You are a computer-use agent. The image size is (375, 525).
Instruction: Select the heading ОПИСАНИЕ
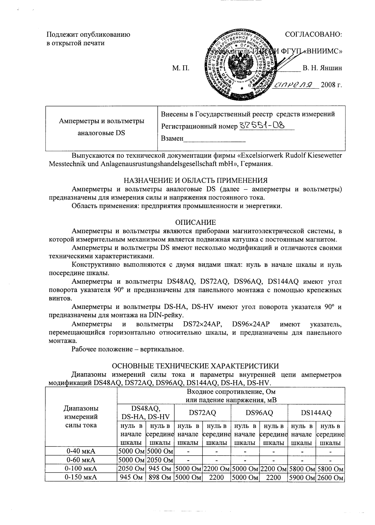click(x=196, y=222)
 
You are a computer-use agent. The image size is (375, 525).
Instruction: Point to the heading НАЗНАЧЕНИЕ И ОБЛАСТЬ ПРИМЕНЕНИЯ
click(x=195, y=180)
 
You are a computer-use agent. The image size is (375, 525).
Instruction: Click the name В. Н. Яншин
click(x=322, y=68)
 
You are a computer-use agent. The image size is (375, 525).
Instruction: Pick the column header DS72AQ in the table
click(x=203, y=413)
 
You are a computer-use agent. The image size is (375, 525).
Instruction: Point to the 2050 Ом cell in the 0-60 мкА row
click(x=160, y=460)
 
